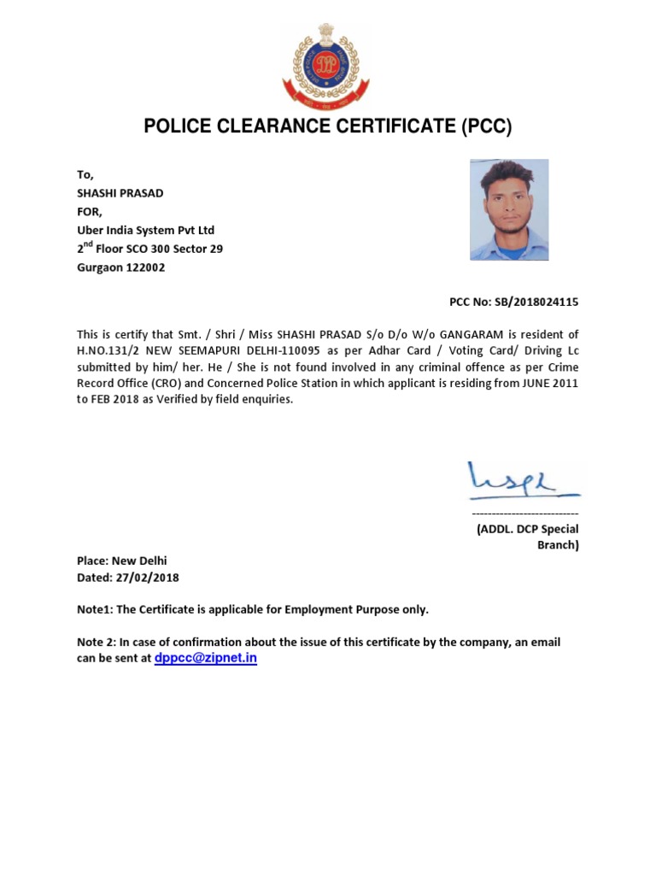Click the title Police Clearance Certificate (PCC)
tap(327, 127)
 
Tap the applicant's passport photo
tap(509, 209)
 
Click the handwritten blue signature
tap(522, 481)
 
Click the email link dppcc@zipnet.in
tap(206, 660)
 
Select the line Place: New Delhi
tap(122, 561)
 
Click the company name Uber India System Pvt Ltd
tap(146, 230)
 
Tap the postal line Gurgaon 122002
tap(121, 267)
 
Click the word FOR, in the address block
tap(90, 211)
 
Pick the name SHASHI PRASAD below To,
tap(120, 193)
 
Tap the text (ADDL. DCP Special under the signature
tap(527, 529)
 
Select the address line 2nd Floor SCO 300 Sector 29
tap(150, 249)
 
